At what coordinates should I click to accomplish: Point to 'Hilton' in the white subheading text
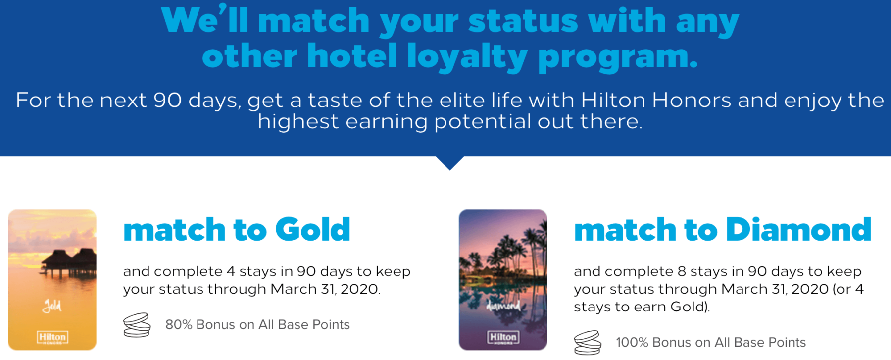pos(613,101)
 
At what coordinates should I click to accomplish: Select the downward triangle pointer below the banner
pos(450,162)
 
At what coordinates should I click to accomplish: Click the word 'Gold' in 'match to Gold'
pos(312,230)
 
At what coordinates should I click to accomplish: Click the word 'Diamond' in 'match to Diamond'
pos(798,230)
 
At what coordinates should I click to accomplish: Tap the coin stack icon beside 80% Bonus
pos(137,325)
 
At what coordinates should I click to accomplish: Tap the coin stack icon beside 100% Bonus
pos(588,343)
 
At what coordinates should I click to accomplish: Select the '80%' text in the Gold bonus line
pos(179,325)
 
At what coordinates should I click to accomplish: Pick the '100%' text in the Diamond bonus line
pos(632,343)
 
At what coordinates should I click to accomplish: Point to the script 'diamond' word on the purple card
pos(503,306)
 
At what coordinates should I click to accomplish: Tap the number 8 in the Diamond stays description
pos(682,271)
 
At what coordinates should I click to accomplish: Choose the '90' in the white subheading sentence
pos(167,101)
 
